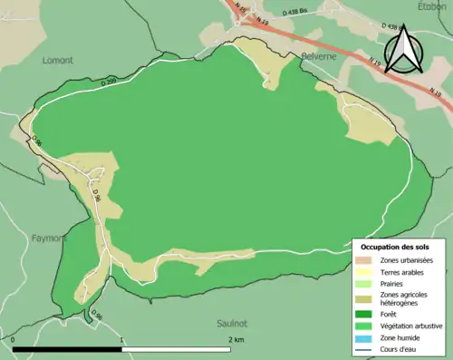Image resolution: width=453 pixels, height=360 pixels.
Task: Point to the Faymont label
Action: tap(49, 238)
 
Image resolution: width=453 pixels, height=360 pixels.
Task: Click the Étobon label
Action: tap(432, 6)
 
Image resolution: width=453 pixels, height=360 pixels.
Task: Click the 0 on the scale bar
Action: tap(14, 340)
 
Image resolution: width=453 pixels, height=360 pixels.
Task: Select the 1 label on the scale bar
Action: tap(122, 340)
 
